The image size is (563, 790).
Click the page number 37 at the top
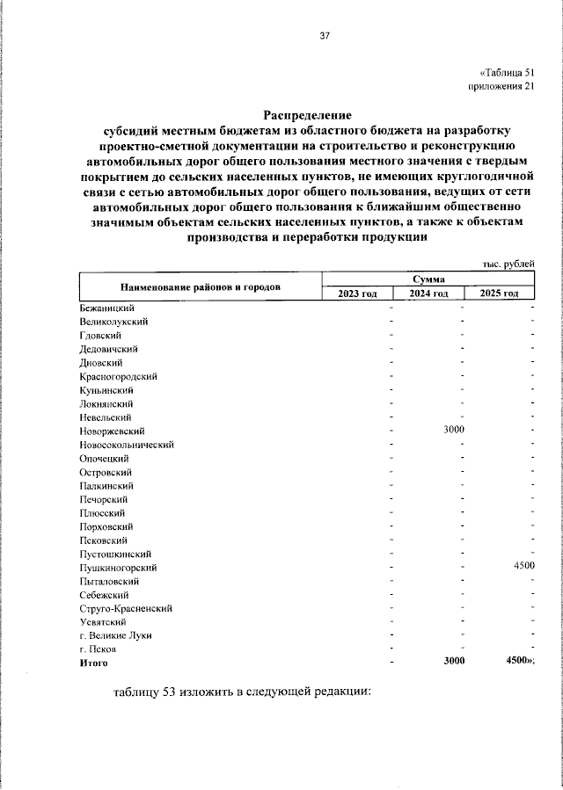click(324, 36)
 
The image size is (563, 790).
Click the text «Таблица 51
click(507, 73)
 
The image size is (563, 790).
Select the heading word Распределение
click(307, 115)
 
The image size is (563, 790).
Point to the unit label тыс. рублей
click(508, 265)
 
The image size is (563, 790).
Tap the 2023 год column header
click(357, 293)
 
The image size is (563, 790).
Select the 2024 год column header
click(428, 293)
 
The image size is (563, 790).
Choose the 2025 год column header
click(499, 293)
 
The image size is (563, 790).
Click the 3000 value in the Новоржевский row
click(454, 431)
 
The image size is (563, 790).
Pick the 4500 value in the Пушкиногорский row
click(524, 568)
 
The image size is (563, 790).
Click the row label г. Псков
click(98, 649)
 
